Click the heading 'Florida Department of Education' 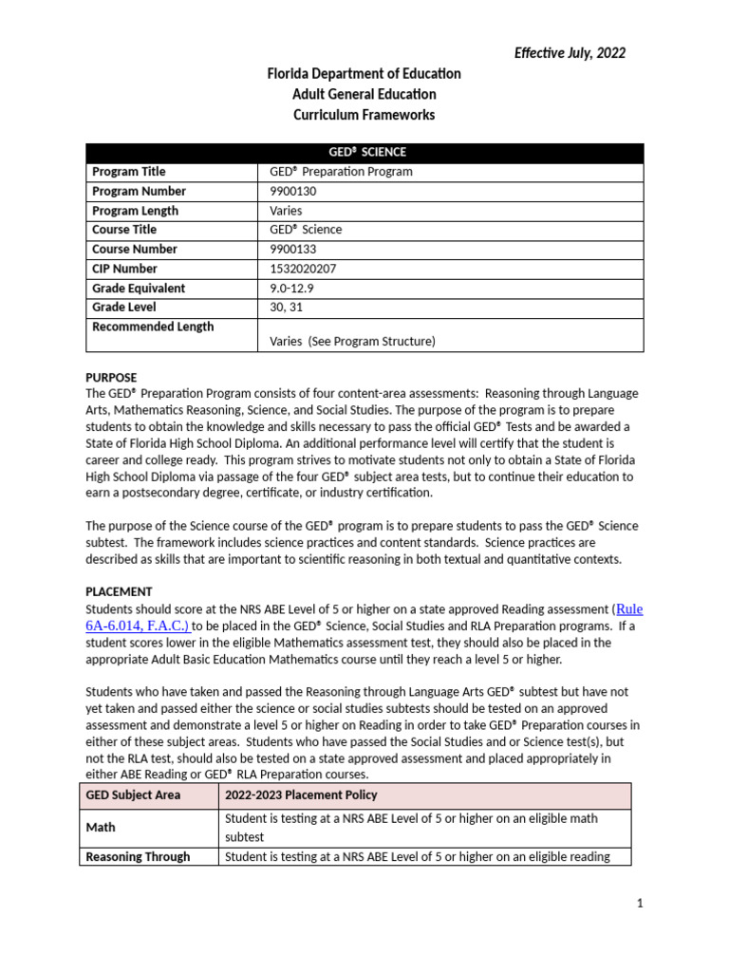pyautogui.click(x=364, y=74)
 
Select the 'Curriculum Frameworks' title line pyautogui.click(x=364, y=115)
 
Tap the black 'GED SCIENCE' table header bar pyautogui.click(x=364, y=152)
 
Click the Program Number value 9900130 pyautogui.click(x=294, y=191)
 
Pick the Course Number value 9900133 pyautogui.click(x=294, y=249)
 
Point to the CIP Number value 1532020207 pyautogui.click(x=303, y=269)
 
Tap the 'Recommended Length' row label pyautogui.click(x=153, y=327)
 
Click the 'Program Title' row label pyautogui.click(x=128, y=172)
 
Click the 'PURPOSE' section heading pyautogui.click(x=111, y=377)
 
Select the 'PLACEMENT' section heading pyautogui.click(x=119, y=590)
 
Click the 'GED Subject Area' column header pyautogui.click(x=133, y=794)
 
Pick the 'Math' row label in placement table pyautogui.click(x=101, y=827)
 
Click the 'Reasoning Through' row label pyautogui.click(x=138, y=856)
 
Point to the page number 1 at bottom pyautogui.click(x=640, y=904)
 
